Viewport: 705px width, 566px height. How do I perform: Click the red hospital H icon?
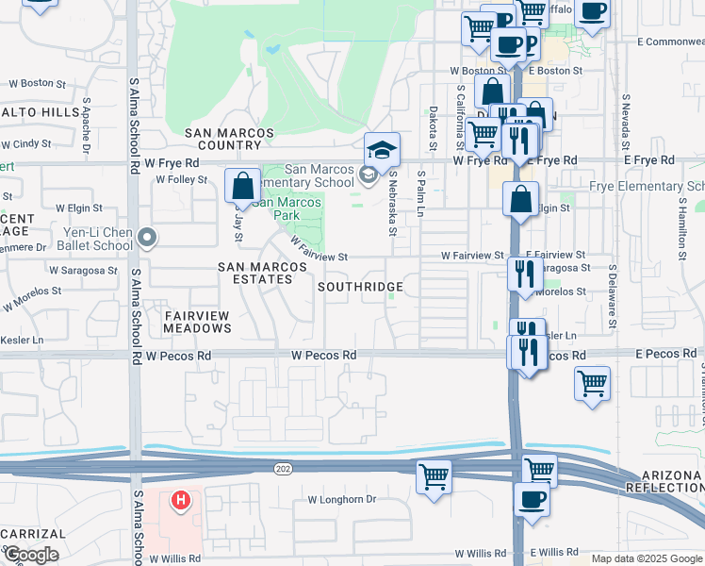(182, 499)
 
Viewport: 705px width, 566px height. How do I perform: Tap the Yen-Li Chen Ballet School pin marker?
(146, 238)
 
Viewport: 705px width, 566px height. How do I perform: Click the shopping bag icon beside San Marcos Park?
(243, 186)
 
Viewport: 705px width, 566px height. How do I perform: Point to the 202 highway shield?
(282, 468)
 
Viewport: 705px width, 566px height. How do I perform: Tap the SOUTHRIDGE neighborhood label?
(361, 287)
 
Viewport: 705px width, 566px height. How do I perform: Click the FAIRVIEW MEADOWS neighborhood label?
(197, 322)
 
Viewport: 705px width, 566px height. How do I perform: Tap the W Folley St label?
(180, 178)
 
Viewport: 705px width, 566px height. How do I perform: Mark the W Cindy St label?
(25, 144)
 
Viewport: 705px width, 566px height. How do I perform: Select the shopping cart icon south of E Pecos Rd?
(592, 383)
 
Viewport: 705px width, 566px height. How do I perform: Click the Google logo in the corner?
(31, 555)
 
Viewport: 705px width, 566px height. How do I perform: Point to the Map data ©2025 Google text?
(647, 558)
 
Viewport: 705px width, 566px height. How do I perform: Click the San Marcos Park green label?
(287, 202)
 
